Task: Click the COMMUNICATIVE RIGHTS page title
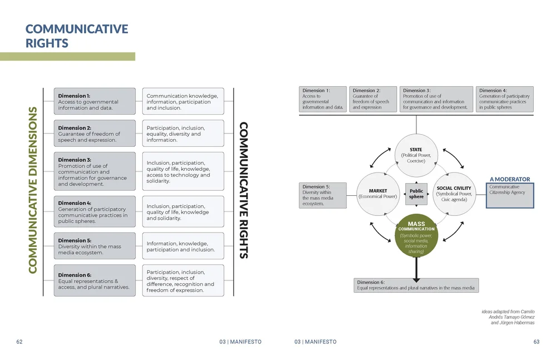click(x=77, y=36)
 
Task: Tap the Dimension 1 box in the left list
click(x=95, y=102)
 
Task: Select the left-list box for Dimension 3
click(x=95, y=171)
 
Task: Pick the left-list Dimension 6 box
click(x=95, y=280)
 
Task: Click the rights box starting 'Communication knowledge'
click(x=183, y=102)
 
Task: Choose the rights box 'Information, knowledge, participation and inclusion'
click(x=183, y=246)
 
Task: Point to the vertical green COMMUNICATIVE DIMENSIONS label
click(x=32, y=190)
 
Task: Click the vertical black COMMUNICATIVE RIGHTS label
click(x=244, y=190)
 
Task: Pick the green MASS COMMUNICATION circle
click(x=416, y=236)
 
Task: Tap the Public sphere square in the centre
click(x=416, y=194)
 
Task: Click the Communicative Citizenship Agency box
click(x=510, y=195)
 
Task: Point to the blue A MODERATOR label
click(x=510, y=179)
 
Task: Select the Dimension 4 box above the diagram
click(x=504, y=98)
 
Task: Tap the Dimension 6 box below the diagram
click(x=416, y=285)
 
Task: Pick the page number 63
click(x=536, y=342)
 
